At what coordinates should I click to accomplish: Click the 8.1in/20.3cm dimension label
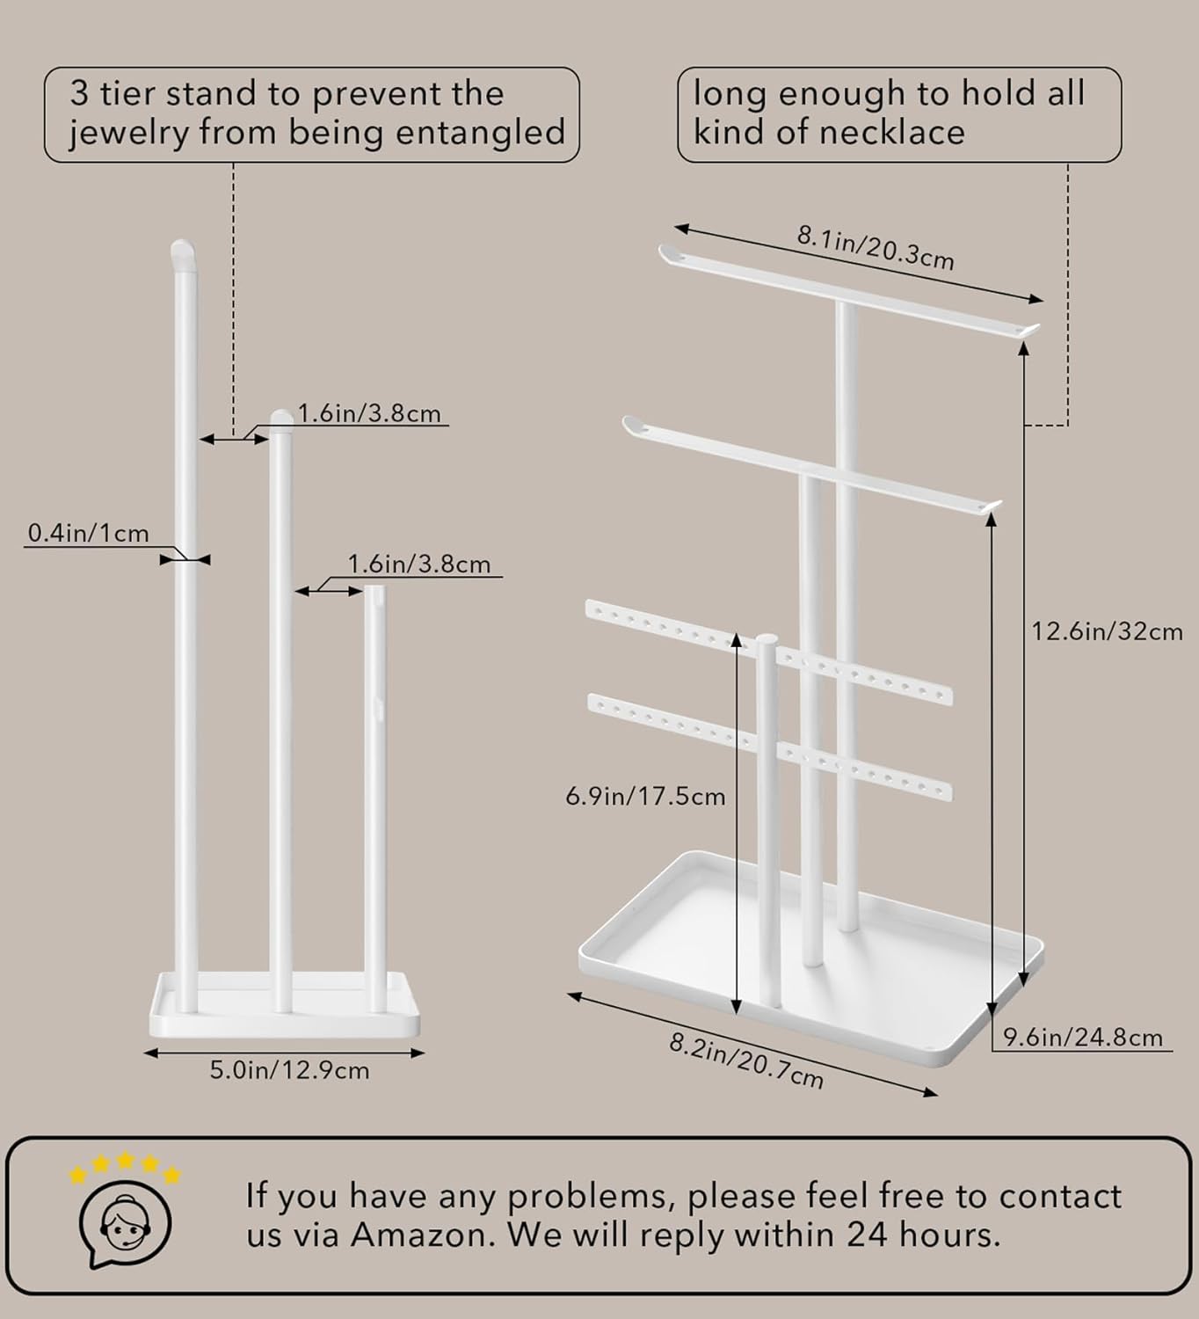pyautogui.click(x=875, y=247)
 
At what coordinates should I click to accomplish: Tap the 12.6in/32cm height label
pyautogui.click(x=1107, y=632)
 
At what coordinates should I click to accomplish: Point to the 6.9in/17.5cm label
pyautogui.click(x=645, y=797)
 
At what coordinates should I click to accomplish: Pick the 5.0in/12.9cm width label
pyautogui.click(x=289, y=1070)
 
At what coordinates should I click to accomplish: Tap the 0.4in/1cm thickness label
pyautogui.click(x=88, y=533)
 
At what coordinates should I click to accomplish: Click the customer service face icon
pyautogui.click(x=125, y=1224)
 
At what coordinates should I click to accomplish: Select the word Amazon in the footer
pyautogui.click(x=422, y=1235)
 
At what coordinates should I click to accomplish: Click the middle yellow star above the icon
pyautogui.click(x=125, y=1162)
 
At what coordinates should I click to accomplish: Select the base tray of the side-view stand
pyautogui.click(x=286, y=1003)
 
